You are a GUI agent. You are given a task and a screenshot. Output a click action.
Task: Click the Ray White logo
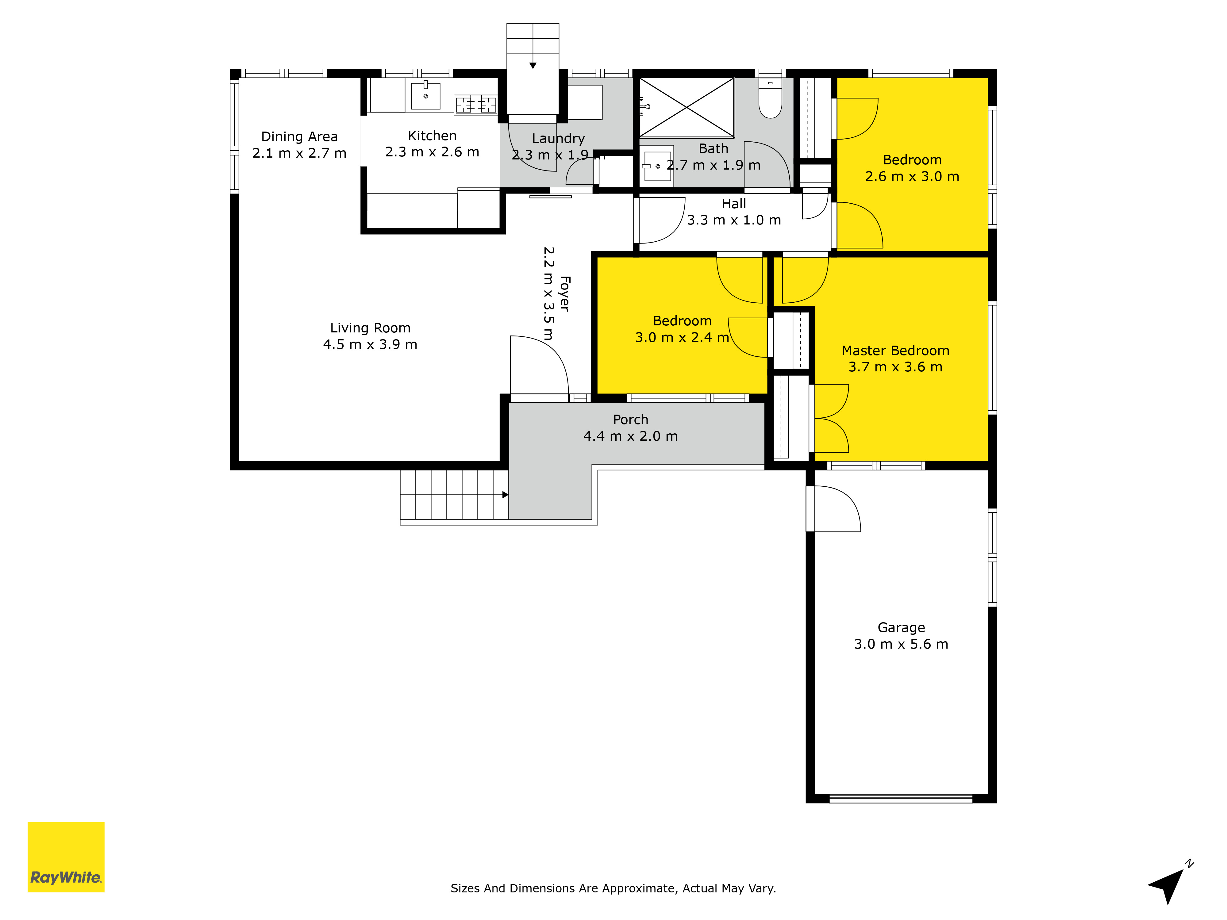click(66, 857)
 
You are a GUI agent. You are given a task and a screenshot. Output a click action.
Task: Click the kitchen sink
click(425, 95)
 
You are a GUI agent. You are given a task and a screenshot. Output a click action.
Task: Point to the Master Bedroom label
click(895, 351)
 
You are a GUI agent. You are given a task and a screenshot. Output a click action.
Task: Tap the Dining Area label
click(299, 136)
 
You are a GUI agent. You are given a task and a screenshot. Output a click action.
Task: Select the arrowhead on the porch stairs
click(505, 495)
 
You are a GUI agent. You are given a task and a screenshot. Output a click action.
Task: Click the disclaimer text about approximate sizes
click(613, 888)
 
